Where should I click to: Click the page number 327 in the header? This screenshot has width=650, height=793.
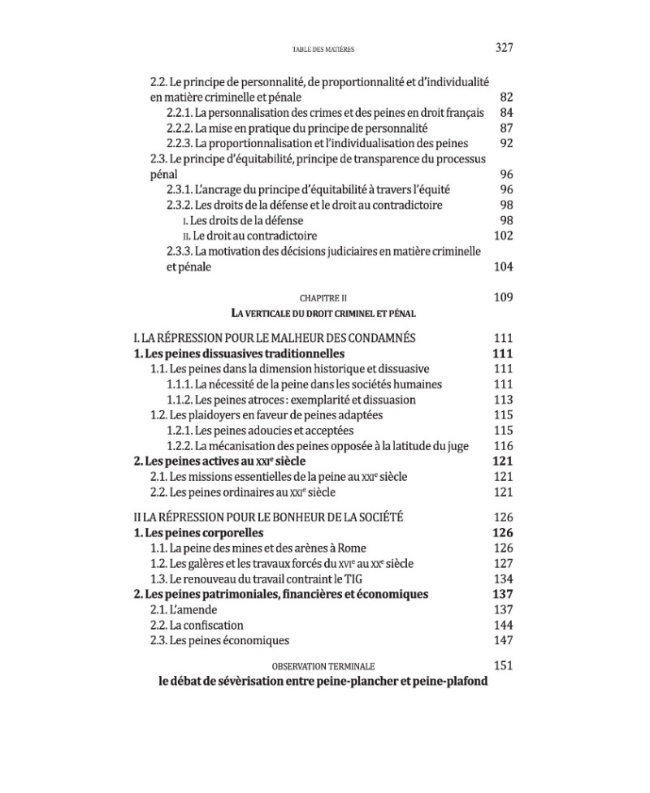point(504,48)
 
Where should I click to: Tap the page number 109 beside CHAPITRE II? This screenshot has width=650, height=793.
point(504,297)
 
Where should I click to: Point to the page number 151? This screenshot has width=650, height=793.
point(504,665)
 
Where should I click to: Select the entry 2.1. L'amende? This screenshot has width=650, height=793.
point(186,609)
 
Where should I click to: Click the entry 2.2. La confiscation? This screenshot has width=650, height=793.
point(197,625)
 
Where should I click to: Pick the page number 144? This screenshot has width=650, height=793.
point(504,625)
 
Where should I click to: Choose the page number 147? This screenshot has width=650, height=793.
point(504,640)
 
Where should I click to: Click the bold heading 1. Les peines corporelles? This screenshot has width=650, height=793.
point(198,533)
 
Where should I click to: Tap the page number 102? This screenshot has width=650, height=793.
point(504,236)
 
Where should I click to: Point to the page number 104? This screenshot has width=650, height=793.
point(504,266)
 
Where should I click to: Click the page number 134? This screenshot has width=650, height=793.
point(504,578)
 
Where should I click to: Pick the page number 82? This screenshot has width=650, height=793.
point(507,97)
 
